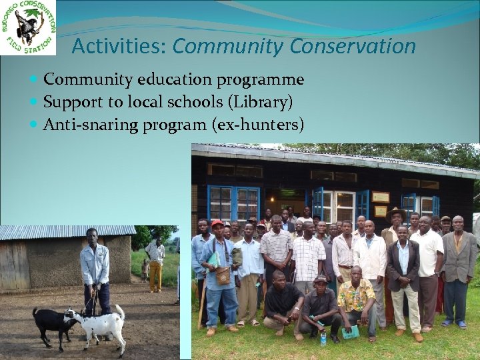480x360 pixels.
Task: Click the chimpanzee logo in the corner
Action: click(x=28, y=27)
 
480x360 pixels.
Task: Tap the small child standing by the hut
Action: click(x=145, y=269)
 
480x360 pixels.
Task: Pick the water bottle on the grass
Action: click(x=323, y=337)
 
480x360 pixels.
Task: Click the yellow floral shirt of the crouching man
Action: click(x=357, y=296)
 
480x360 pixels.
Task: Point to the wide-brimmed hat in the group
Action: click(x=397, y=213)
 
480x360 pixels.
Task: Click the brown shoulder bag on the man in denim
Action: click(x=223, y=275)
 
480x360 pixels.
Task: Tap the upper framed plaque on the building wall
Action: click(x=381, y=197)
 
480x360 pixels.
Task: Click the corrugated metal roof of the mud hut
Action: click(x=67, y=232)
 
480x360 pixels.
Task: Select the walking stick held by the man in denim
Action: click(x=201, y=307)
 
